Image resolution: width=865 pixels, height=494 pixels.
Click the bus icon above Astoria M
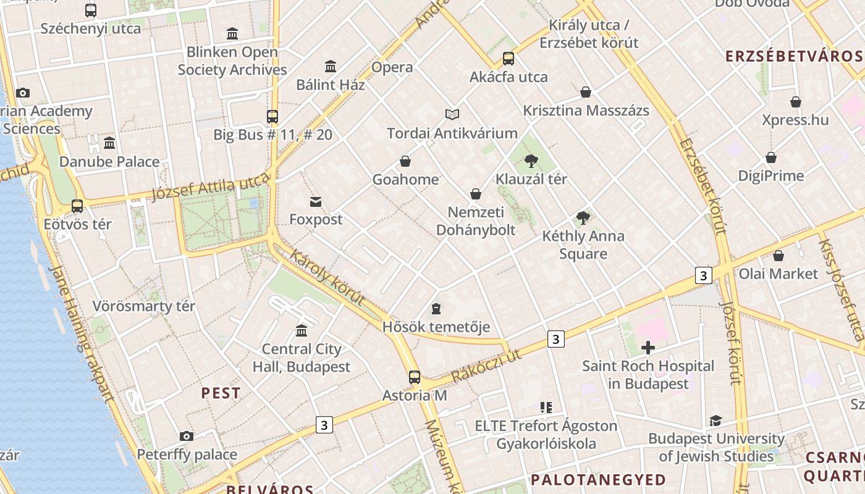click(415, 377)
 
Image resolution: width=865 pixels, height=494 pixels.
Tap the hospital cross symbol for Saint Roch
click(648, 348)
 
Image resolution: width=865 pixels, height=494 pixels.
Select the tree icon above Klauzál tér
click(531, 161)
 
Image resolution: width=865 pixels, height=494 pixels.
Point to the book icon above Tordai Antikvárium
click(452, 115)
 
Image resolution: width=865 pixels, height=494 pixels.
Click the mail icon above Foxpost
click(316, 201)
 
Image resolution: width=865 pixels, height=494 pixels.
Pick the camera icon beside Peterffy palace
click(187, 437)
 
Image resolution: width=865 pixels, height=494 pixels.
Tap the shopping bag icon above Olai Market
click(778, 256)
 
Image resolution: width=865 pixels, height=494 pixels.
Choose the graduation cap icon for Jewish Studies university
click(715, 421)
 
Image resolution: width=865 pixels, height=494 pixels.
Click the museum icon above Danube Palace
click(109, 143)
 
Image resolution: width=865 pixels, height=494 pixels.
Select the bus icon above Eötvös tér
click(77, 206)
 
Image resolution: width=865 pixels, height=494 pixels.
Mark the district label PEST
click(221, 393)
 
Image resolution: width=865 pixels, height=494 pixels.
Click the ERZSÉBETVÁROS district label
click(794, 57)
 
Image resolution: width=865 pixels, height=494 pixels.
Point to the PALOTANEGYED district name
click(598, 480)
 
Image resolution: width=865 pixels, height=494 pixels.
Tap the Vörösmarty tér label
click(143, 306)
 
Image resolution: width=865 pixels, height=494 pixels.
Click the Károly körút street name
click(327, 277)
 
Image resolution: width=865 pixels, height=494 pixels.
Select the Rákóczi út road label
click(486, 365)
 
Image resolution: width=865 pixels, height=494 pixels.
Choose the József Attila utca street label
click(211, 186)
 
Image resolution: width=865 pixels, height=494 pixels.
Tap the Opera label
click(392, 67)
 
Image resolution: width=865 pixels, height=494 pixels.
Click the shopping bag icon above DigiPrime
click(771, 157)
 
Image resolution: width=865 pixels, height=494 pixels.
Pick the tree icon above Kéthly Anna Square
click(583, 217)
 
